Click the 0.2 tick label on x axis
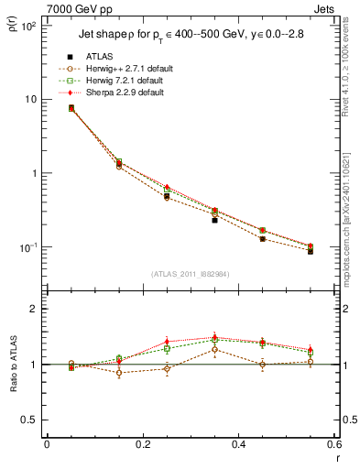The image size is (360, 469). point(142,446)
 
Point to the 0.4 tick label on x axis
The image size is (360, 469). point(238,446)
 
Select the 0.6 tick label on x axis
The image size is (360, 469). point(333,446)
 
